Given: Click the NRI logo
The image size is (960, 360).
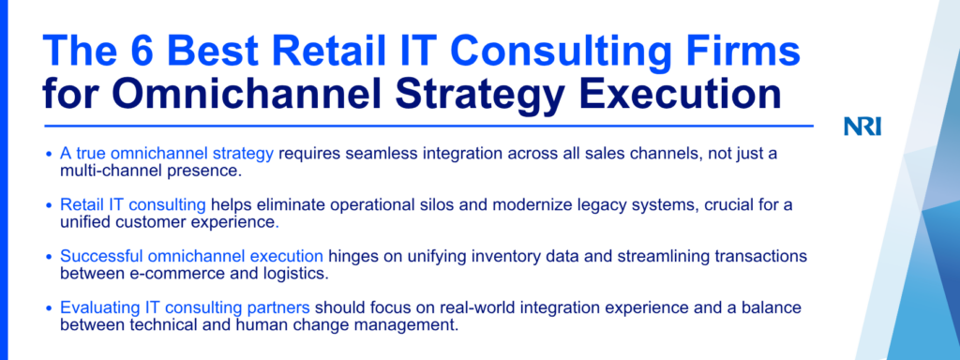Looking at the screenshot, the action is coord(862,127).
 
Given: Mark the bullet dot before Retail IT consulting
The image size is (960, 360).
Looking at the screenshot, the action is coord(50,205).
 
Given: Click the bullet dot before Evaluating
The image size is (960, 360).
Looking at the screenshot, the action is coord(50,307).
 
